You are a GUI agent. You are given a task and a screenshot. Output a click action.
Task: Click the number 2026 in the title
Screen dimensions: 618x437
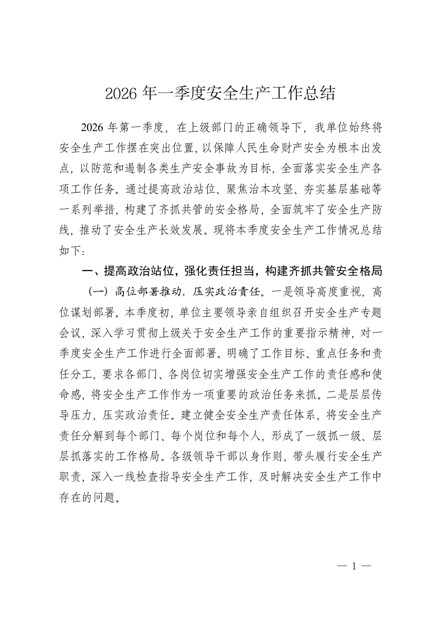121,93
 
